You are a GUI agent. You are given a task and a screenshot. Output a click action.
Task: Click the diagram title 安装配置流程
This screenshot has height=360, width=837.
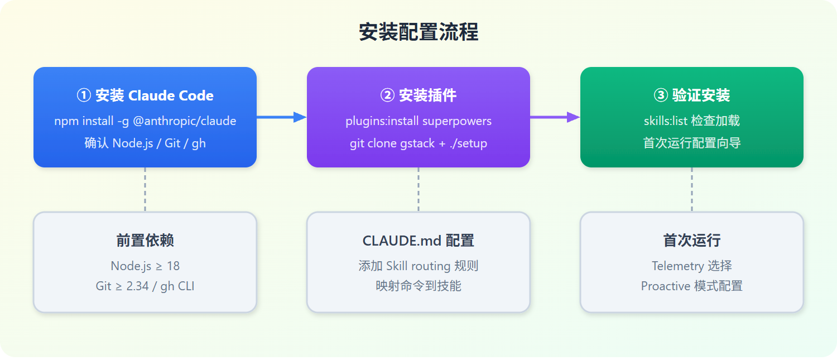[x=419, y=32]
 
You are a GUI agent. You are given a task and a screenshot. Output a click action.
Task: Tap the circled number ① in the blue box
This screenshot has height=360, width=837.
[x=84, y=95]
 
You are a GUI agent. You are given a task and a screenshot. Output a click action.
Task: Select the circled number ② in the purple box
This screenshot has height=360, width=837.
[x=387, y=95]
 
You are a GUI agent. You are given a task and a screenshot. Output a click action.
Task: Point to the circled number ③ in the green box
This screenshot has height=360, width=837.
[x=661, y=95]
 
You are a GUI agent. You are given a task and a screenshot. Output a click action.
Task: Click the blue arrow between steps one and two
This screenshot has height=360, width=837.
[x=282, y=117]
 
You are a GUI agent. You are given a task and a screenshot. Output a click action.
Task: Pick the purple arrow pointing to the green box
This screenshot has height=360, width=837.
[x=555, y=117]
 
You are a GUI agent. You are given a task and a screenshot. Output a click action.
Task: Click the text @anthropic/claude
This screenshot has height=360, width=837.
[x=185, y=121]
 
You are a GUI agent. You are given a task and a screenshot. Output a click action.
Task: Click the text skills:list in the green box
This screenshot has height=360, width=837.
[x=666, y=121]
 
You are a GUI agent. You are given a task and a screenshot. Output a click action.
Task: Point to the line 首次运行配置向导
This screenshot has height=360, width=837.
[x=692, y=143]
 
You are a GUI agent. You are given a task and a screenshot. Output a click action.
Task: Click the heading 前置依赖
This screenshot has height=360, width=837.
[x=145, y=241]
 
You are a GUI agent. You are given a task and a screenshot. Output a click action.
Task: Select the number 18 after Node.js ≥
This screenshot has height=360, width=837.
[x=173, y=266]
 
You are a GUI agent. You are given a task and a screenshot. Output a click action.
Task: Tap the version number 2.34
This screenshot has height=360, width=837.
[x=137, y=286]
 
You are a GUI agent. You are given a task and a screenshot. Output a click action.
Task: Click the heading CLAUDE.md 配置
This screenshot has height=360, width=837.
[x=418, y=241]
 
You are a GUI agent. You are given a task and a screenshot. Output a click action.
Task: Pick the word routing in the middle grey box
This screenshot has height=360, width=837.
[x=429, y=266]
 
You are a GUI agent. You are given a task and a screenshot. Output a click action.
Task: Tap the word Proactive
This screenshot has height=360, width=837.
[x=666, y=286]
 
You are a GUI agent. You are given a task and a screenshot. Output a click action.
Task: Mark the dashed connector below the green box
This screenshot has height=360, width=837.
[x=692, y=190]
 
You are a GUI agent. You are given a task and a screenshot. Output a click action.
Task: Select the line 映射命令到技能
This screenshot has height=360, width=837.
[x=418, y=286]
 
